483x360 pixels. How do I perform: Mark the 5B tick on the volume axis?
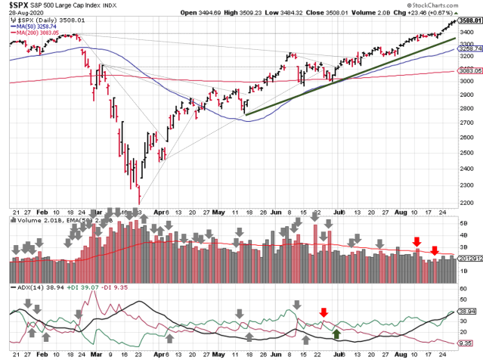tap(464, 224)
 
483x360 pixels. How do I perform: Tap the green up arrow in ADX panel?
tap(337, 333)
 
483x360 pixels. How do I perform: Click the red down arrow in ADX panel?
tap(324, 312)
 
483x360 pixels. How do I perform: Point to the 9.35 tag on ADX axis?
tap(469, 342)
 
